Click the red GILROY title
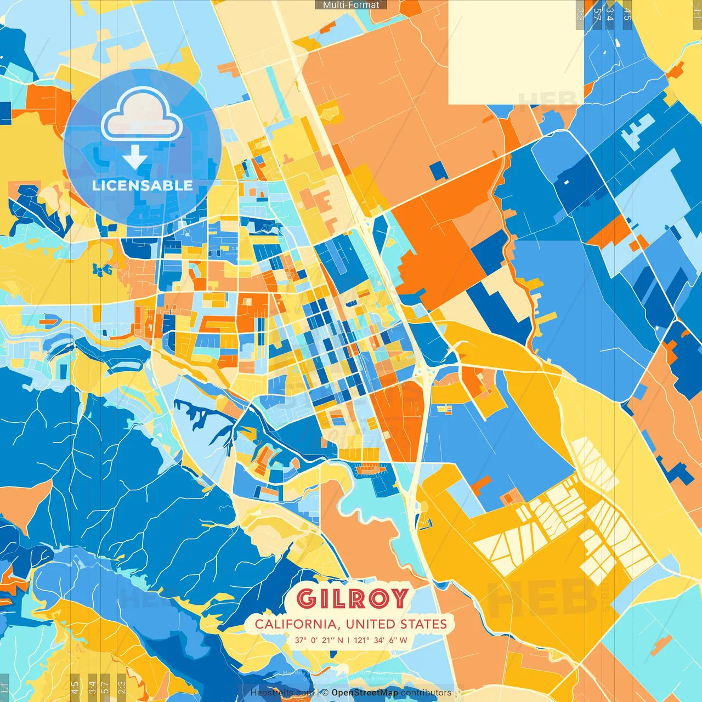click(353, 598)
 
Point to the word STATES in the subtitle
click(423, 624)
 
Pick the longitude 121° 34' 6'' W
click(381, 640)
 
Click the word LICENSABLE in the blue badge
click(142, 185)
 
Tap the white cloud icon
click(141, 114)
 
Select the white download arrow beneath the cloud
click(134, 157)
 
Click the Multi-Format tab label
click(351, 5)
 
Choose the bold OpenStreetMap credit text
click(365, 693)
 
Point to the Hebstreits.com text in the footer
click(282, 693)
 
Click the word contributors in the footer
click(426, 693)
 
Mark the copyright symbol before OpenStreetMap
click(325, 693)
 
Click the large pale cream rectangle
click(516, 52)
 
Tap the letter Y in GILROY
click(399, 598)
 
